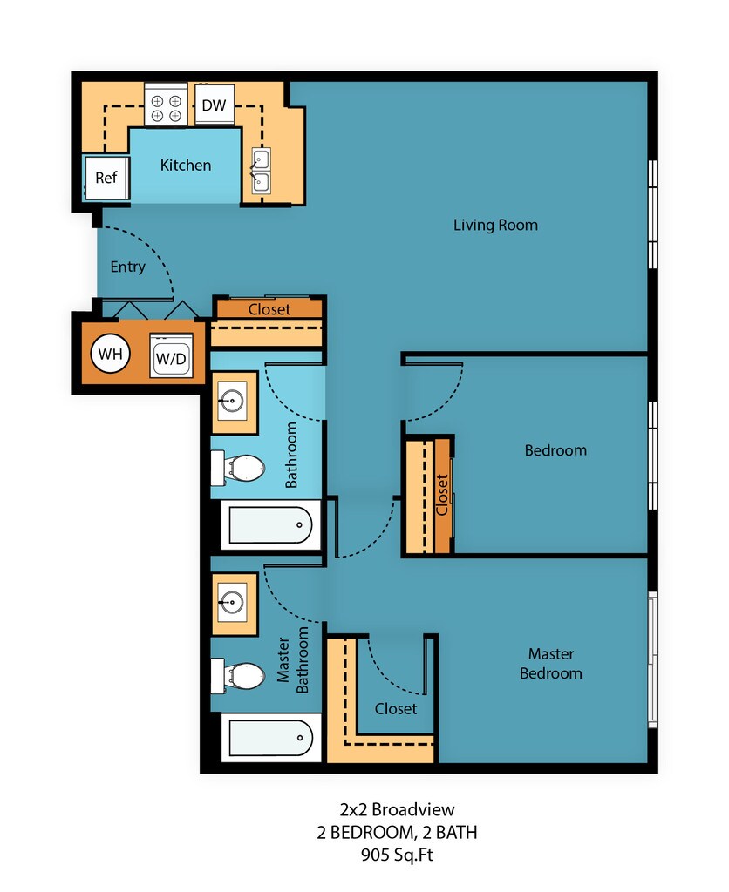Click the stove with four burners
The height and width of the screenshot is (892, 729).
tap(166, 105)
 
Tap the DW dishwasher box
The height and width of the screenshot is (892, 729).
tap(215, 105)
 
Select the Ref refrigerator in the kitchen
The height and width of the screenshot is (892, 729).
tap(106, 178)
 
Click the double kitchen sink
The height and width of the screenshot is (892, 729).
tap(261, 172)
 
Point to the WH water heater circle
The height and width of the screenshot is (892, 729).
tap(111, 354)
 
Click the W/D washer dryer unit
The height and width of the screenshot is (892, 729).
tap(171, 356)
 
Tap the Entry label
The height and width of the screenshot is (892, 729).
tap(127, 267)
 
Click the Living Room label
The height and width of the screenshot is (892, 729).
tap(495, 226)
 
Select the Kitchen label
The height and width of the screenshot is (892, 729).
tap(186, 165)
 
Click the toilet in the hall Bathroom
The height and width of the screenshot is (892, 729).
tap(238, 468)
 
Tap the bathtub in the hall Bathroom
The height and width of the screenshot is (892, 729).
tap(270, 525)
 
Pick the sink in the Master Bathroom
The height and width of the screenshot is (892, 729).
tap(234, 603)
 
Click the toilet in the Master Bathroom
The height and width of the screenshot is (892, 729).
tap(238, 676)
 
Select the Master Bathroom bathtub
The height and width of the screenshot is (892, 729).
tap(270, 738)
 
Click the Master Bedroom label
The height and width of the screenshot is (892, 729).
tap(551, 663)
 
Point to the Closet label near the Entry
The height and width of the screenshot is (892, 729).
tap(269, 309)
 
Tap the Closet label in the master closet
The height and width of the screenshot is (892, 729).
tap(396, 709)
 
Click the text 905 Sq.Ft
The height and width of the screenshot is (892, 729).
tap(397, 855)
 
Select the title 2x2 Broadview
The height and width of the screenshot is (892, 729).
tap(397, 809)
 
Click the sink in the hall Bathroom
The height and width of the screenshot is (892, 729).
tap(234, 402)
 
